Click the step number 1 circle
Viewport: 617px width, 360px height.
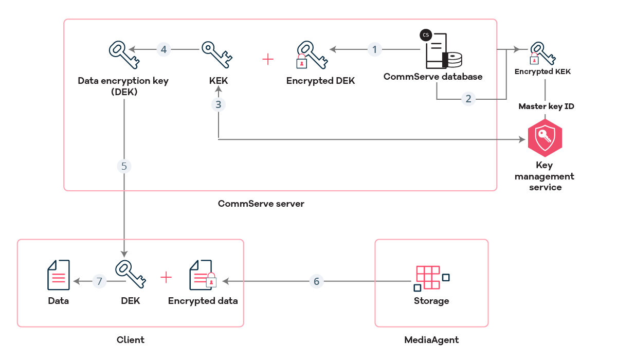coord(375,50)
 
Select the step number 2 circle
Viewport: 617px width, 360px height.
coord(468,99)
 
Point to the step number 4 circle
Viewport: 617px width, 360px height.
coord(164,50)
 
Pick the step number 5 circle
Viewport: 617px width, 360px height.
coord(124,166)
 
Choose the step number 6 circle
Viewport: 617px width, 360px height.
coord(316,281)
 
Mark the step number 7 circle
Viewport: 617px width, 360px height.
coord(100,281)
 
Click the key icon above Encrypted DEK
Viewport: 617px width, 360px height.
coord(312,56)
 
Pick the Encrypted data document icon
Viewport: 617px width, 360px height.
coord(202,276)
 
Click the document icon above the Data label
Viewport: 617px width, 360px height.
coord(58,276)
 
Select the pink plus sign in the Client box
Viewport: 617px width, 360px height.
coord(166,278)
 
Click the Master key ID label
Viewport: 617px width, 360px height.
coord(546,106)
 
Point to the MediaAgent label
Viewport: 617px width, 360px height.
coord(431,340)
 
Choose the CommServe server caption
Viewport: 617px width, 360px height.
coord(261,204)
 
